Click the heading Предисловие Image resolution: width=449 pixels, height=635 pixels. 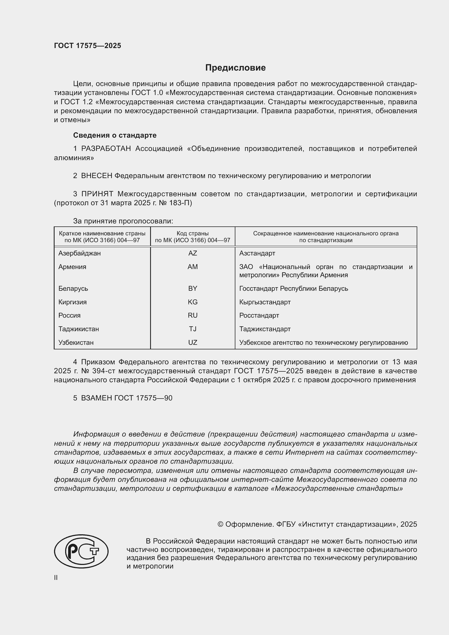pos(235,68)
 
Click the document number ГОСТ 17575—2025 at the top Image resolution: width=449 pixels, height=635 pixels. pos(87,46)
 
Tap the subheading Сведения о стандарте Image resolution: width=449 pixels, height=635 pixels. pos(115,135)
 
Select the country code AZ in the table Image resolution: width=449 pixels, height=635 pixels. pos(192,253)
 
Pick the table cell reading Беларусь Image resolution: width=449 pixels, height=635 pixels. pos(73,289)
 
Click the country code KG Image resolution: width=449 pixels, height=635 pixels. pos(192,302)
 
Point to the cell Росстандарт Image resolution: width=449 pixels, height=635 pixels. pos(259,315)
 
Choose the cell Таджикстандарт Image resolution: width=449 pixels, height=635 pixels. pos(265,329)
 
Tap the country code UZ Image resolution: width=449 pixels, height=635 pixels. pos(192,342)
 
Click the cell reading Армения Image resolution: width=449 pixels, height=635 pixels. pos(72,267)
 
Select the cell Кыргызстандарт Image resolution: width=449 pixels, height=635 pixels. pos(265,302)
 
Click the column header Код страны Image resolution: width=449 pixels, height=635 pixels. pos(192,233)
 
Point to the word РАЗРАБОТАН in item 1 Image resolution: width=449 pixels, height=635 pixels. pos(106,149)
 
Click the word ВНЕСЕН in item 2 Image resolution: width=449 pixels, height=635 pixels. pos(96,176)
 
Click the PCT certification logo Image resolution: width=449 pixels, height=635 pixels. pos(81,551)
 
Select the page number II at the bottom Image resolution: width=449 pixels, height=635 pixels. pos(56,577)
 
